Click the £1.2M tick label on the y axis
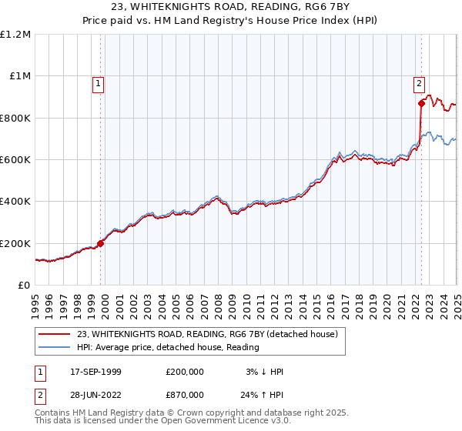[x=17, y=34]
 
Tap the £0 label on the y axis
[x=25, y=285]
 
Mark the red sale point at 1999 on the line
[x=101, y=243]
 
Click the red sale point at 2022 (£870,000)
[x=421, y=103]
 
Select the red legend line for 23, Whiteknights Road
[x=53, y=335]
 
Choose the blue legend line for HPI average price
[x=53, y=348]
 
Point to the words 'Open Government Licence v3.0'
[x=223, y=423]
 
